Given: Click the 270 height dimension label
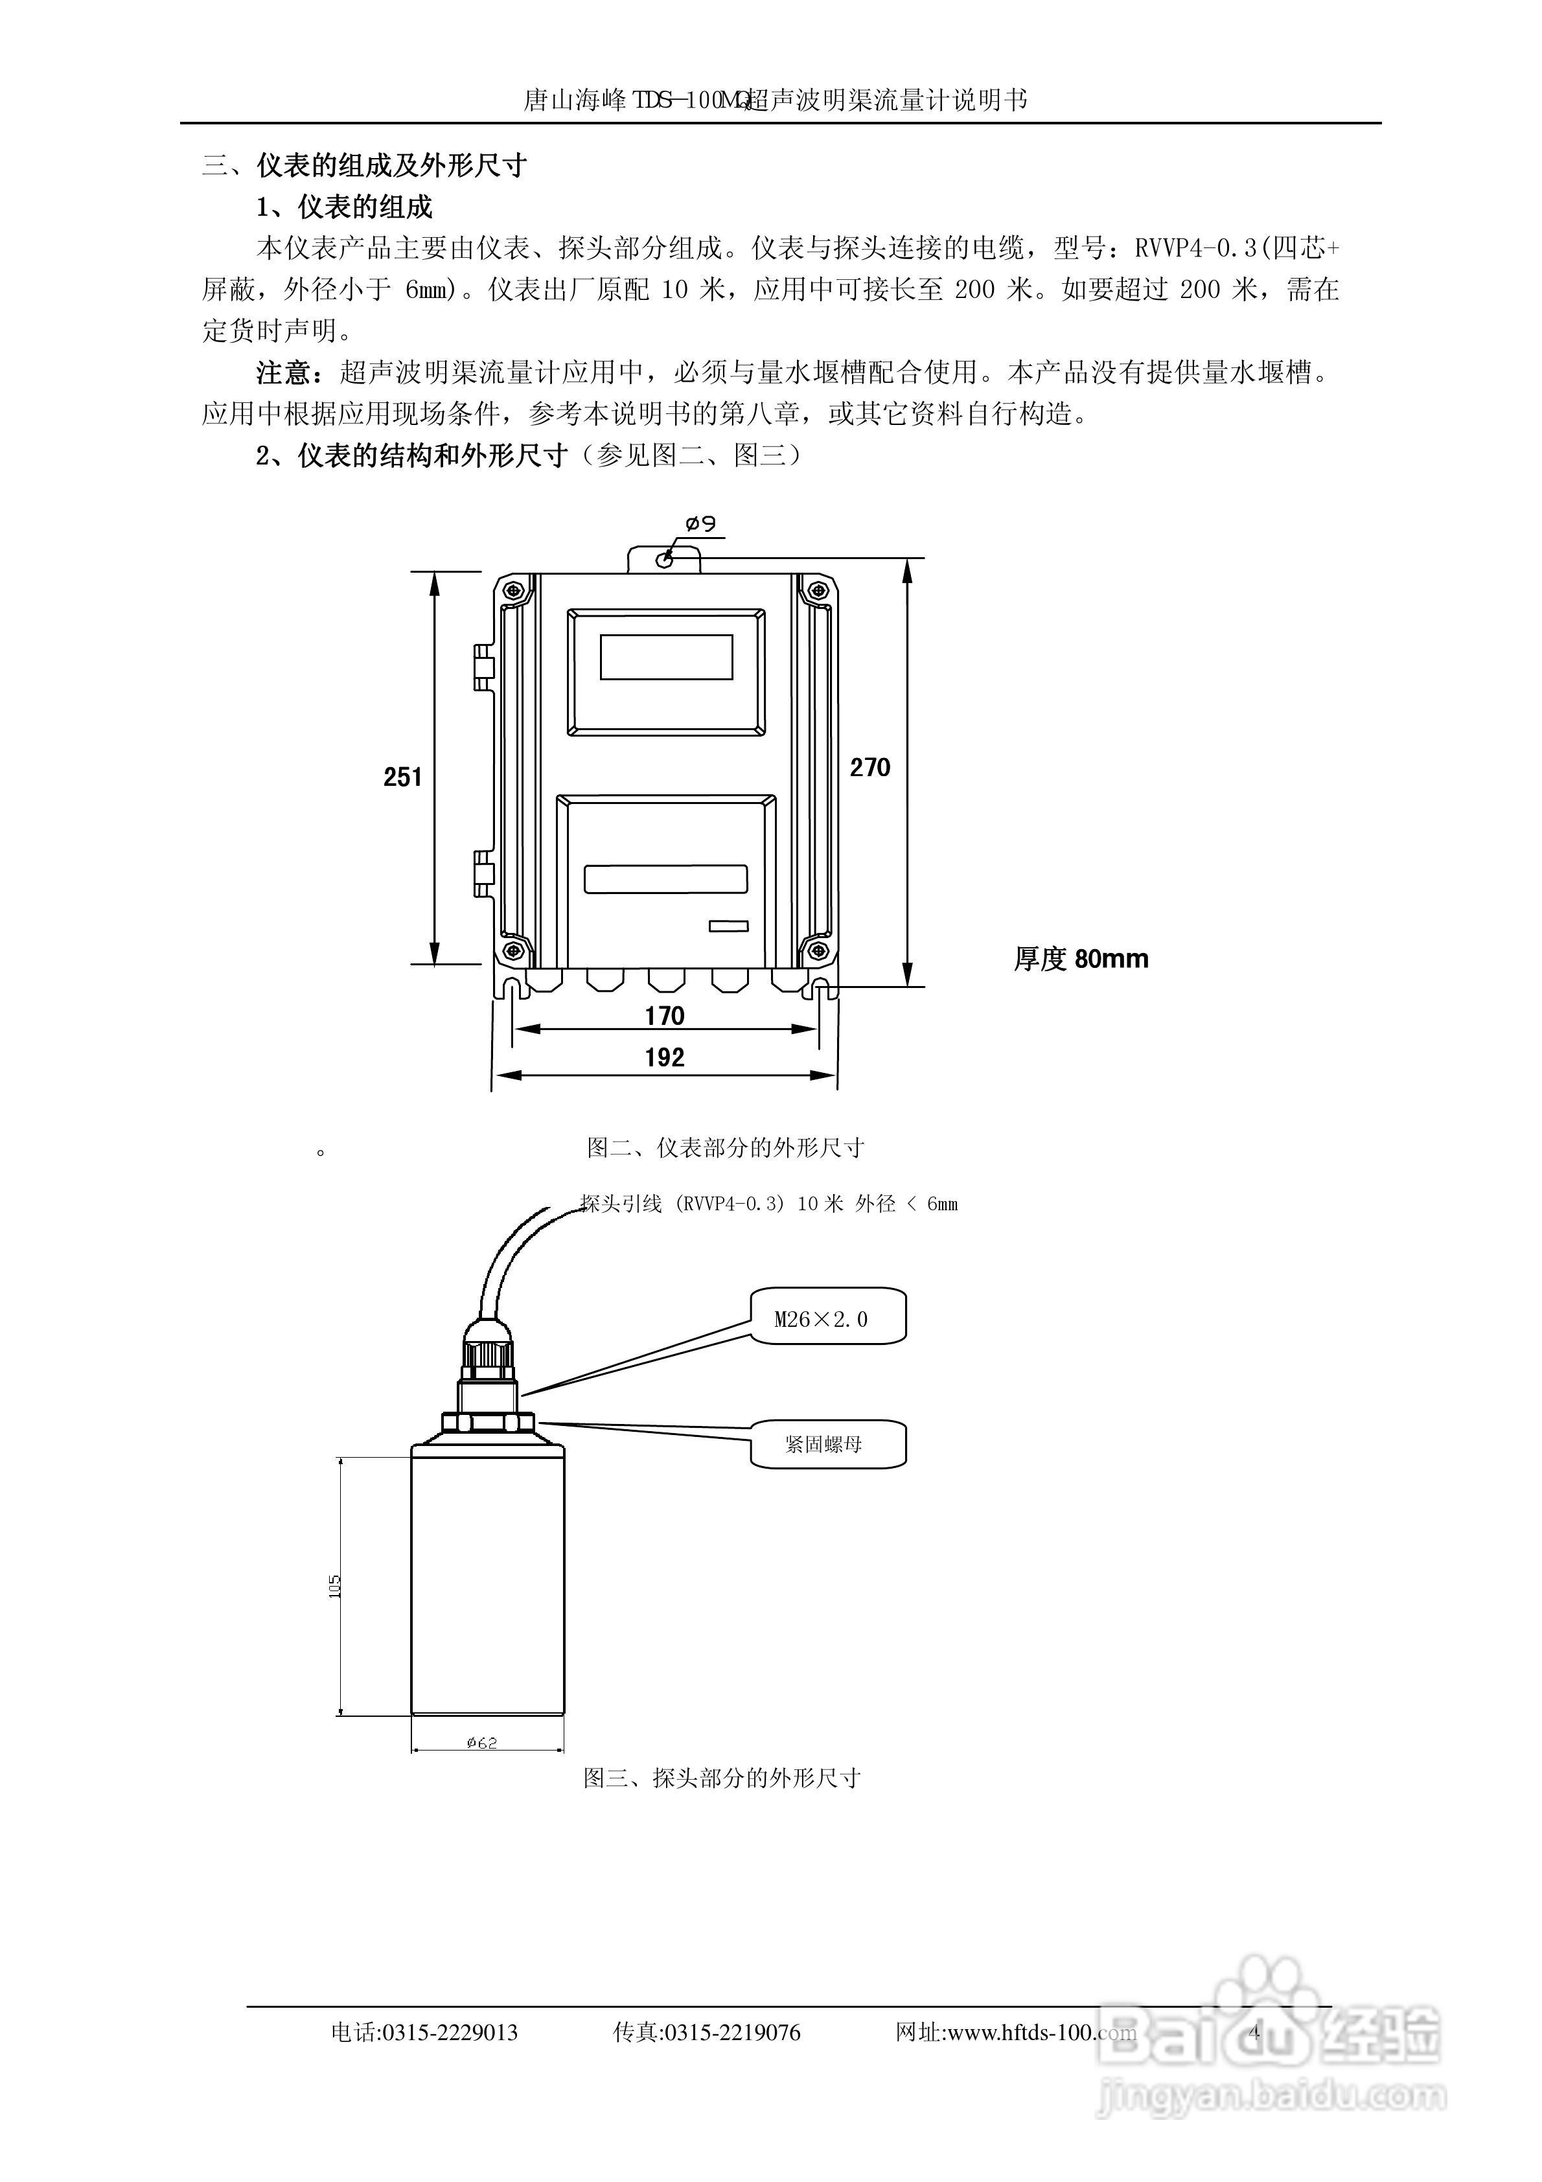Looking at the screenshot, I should pyautogui.click(x=870, y=767).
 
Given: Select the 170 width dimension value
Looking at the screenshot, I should pyautogui.click(x=665, y=1016).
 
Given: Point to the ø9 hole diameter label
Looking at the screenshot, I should pyautogui.click(x=700, y=523).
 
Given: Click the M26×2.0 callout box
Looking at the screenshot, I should pyautogui.click(x=827, y=1317).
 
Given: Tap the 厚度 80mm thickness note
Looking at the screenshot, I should pyautogui.click(x=1081, y=959).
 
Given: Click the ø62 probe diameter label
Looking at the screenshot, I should pyautogui.click(x=482, y=1743).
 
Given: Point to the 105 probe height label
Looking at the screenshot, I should pyautogui.click(x=334, y=1586).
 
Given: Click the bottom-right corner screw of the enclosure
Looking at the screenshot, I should pyautogui.click(x=816, y=949).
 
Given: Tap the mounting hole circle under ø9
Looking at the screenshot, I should pyautogui.click(x=665, y=559).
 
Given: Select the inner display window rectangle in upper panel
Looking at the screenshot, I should pyautogui.click(x=667, y=657).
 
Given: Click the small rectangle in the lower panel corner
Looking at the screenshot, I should pyautogui.click(x=728, y=926).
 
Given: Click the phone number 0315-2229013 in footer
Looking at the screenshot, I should pyautogui.click(x=449, y=2034).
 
